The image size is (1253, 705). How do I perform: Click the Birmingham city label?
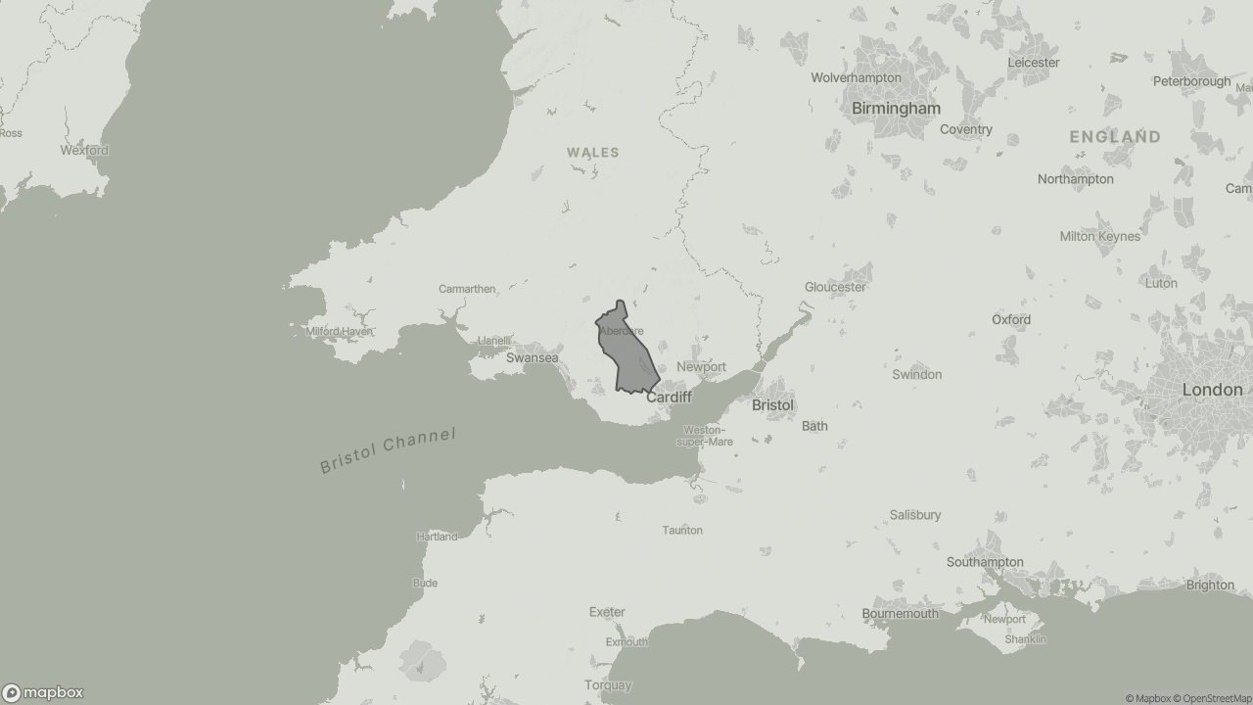896,109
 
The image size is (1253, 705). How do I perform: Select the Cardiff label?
669,398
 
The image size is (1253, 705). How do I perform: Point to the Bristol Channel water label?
388,450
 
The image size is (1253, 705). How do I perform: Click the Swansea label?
532,358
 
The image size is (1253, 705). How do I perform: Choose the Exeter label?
607,612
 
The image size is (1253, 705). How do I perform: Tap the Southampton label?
985,562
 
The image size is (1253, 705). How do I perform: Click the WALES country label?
592,153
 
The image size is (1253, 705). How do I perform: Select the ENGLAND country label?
1115,137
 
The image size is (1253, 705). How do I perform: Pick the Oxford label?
1010,319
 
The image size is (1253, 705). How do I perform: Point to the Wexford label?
84,151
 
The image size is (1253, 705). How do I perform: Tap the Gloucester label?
835,287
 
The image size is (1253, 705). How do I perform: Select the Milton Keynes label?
1099,236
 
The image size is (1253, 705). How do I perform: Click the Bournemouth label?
900,614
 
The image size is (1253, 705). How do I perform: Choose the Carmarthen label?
467,289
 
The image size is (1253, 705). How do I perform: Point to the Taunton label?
682,531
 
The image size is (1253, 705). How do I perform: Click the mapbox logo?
43,692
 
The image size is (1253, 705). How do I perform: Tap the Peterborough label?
1191,81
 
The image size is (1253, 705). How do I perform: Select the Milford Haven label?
339,332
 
